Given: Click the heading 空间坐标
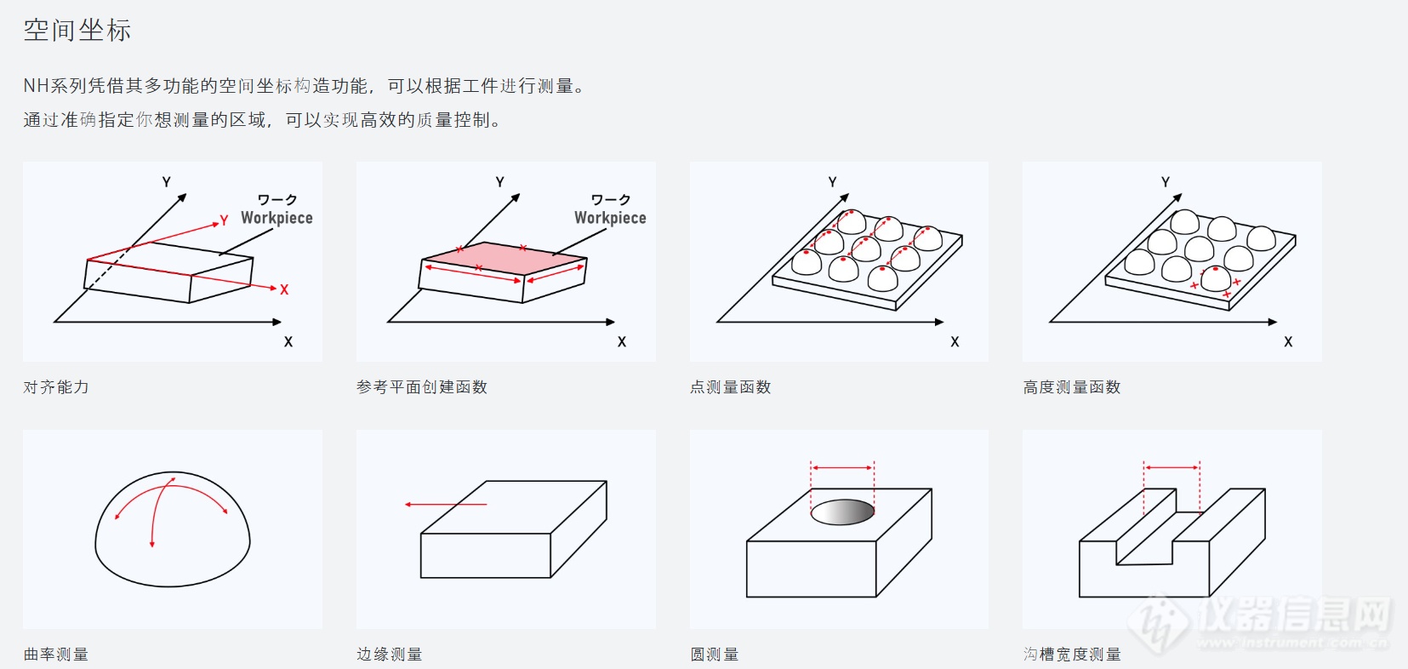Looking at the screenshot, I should [x=77, y=31].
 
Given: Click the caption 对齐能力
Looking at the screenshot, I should [x=56, y=387].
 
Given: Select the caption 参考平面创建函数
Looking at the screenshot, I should [x=422, y=387].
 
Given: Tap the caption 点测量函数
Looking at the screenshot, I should [x=731, y=387].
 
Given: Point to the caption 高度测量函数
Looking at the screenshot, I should [x=1072, y=387].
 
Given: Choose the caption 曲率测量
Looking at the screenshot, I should [x=56, y=655].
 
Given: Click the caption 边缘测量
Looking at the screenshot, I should [x=390, y=655].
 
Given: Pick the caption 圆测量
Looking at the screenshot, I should [x=715, y=655].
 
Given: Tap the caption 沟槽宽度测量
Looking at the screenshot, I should [x=1072, y=655].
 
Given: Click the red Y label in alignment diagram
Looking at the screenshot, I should [x=224, y=220].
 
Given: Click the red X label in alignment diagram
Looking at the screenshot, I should [x=284, y=290].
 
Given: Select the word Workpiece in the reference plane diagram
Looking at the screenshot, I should [x=610, y=218].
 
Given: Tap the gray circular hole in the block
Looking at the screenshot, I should [x=842, y=512].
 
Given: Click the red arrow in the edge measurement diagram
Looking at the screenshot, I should [x=445, y=505].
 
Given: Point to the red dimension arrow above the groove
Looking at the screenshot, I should [x=1171, y=467].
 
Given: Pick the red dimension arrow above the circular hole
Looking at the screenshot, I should [x=842, y=467].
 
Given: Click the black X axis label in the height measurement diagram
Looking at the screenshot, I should [x=1288, y=342].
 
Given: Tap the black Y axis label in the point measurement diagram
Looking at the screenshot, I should [x=832, y=182].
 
